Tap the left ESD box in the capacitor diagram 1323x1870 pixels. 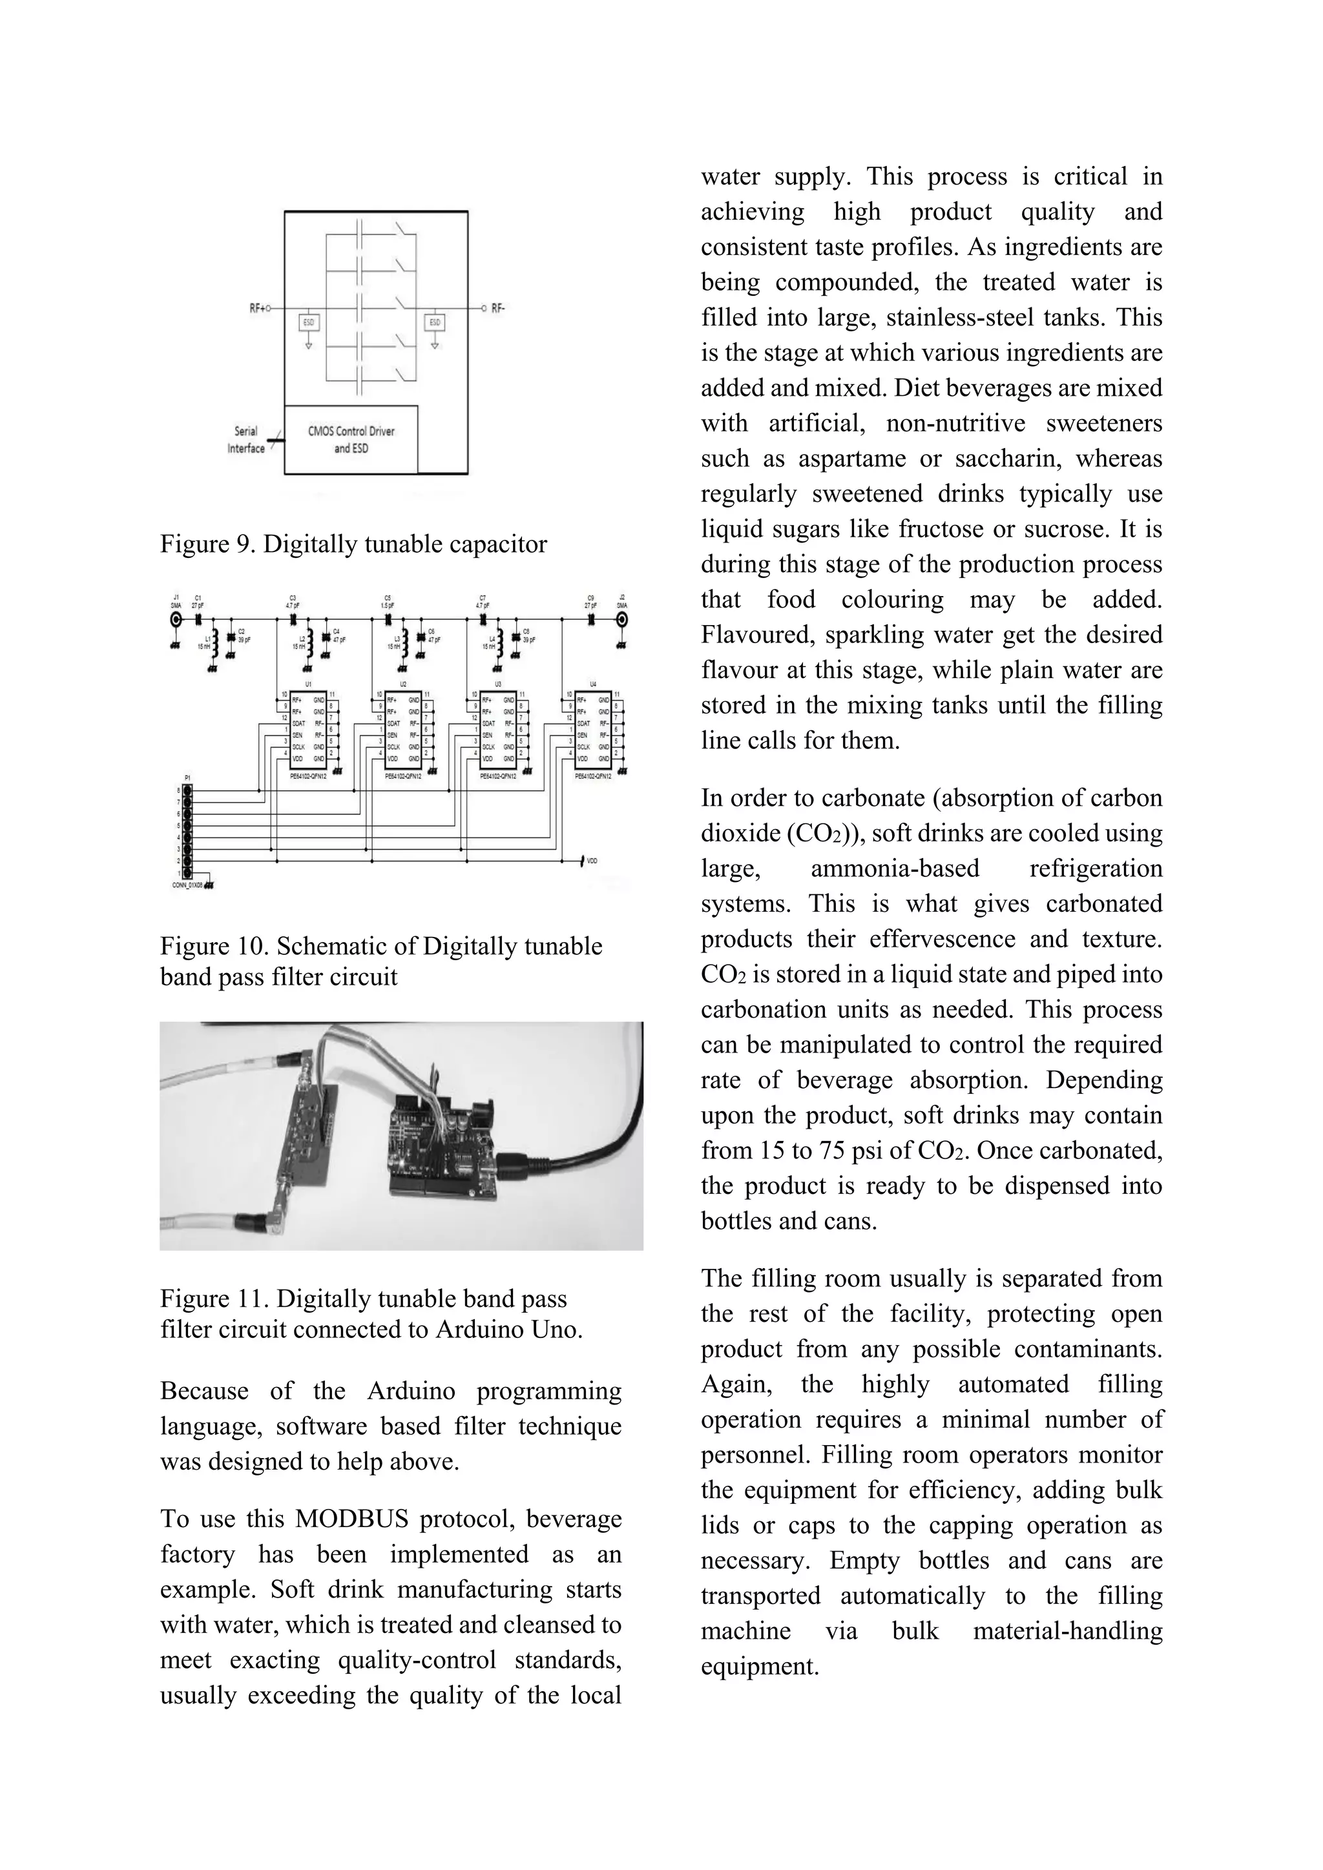309,322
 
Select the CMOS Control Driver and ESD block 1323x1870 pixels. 351,439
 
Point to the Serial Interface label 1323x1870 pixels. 246,440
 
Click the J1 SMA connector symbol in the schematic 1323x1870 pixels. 175,621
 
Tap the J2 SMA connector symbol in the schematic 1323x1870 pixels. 622,621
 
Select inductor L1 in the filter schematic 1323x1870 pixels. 213,643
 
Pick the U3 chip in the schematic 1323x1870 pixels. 498,728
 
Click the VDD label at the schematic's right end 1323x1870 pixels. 592,860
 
